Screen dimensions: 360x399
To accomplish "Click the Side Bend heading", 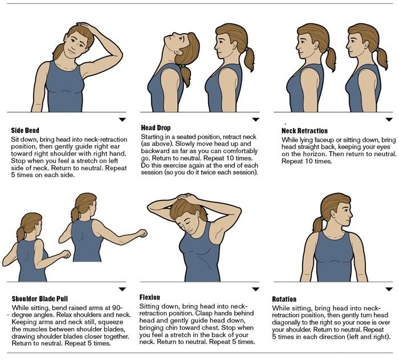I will click(25, 130).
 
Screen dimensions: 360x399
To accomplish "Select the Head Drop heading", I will click(156, 128).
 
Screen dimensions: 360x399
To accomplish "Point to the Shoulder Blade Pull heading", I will click(39, 298).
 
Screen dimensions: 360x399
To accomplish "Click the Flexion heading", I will click(150, 297).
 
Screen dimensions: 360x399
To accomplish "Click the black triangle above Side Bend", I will click(122, 120).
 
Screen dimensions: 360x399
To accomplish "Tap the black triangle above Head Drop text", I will click(255, 120).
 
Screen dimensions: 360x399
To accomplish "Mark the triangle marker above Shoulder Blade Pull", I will click(122, 289).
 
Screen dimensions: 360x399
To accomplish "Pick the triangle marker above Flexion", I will click(255, 289).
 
